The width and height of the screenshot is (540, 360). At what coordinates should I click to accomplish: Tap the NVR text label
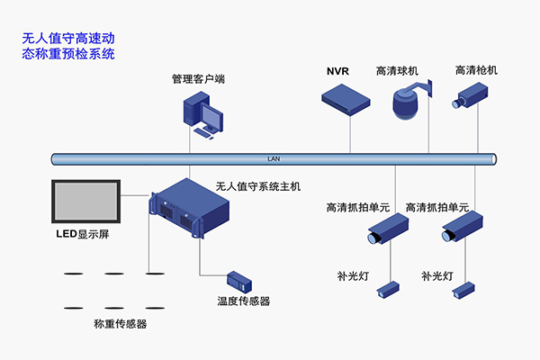coord(337,70)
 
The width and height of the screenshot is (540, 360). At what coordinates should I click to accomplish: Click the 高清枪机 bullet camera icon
coord(471,96)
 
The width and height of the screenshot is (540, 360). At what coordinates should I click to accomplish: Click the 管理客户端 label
coord(198,79)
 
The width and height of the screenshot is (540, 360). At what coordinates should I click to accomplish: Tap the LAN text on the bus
coord(274,159)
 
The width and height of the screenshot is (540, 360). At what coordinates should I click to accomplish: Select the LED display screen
coord(85,202)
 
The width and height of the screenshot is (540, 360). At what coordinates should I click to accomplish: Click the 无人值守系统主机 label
coord(258,186)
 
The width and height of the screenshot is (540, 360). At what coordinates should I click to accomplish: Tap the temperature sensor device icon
coord(243,280)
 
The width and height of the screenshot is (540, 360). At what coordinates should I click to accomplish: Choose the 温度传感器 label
coord(243,301)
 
